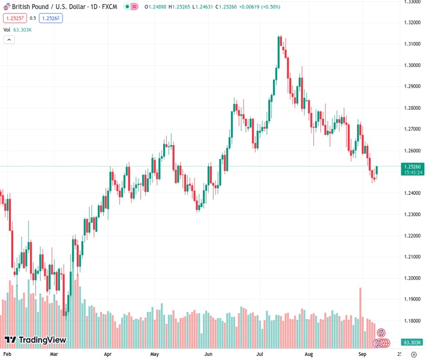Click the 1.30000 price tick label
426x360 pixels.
click(412, 65)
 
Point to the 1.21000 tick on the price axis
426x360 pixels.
click(412, 257)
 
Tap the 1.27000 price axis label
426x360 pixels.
click(412, 129)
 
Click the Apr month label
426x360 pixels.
click(108, 355)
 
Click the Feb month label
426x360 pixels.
click(8, 355)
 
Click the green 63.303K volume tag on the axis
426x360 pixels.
click(412, 343)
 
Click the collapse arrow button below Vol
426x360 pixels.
click(9, 40)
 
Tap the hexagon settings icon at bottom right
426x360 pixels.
click(413, 355)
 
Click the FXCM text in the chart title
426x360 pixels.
click(110, 7)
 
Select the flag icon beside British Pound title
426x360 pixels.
click(7, 7)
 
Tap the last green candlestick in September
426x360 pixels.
click(377, 170)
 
